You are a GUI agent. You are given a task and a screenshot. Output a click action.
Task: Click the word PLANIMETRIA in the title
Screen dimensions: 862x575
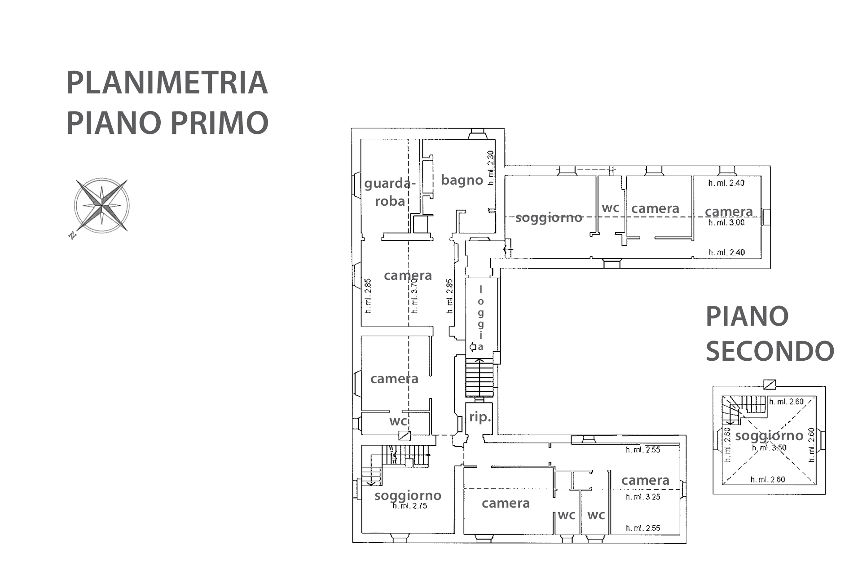167,83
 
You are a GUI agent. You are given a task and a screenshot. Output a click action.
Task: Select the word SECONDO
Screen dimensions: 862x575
770,351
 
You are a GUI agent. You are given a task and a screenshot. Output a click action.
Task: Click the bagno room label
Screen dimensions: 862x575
462,180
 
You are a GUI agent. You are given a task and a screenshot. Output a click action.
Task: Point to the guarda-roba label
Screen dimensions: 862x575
390,192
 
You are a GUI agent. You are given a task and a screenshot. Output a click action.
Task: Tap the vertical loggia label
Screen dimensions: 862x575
481,318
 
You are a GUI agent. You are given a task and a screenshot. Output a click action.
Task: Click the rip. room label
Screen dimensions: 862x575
480,417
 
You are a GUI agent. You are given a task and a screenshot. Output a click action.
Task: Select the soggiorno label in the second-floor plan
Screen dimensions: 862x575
769,435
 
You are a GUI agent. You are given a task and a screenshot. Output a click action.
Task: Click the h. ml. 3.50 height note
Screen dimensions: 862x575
770,447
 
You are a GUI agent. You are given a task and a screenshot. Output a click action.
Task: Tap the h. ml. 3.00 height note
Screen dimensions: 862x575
726,222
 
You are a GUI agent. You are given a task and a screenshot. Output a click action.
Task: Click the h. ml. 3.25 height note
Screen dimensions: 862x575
643,497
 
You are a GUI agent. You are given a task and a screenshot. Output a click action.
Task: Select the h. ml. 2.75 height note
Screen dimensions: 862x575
409,506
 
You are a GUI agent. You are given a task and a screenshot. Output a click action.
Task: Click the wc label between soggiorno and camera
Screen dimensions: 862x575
611,208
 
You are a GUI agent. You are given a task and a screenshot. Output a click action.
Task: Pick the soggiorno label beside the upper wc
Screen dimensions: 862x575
549,218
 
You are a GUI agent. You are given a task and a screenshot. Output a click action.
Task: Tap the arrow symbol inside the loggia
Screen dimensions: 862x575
473,347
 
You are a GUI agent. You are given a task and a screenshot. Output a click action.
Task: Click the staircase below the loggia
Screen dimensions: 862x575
479,378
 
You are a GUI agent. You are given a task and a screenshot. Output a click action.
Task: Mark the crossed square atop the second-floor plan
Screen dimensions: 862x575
770,384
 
